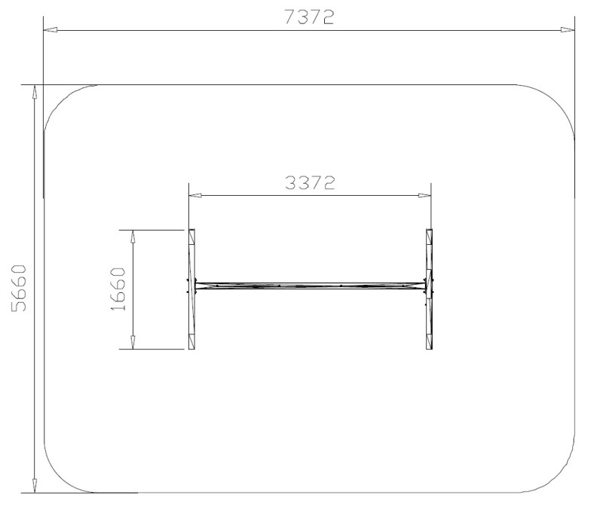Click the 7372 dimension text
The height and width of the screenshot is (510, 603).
click(x=309, y=17)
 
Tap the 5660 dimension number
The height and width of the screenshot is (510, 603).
click(x=18, y=288)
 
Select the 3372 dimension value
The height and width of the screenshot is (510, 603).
click(x=310, y=183)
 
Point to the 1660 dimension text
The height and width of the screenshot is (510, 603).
click(x=118, y=289)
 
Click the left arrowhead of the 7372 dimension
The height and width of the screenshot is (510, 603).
click(x=51, y=29)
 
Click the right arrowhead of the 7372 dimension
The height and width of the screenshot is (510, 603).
click(x=568, y=29)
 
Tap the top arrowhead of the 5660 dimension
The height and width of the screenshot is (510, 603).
click(x=35, y=92)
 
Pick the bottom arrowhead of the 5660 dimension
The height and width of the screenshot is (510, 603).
click(x=35, y=485)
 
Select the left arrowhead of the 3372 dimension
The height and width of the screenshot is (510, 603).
click(x=196, y=195)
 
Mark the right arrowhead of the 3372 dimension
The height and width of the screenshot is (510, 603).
click(x=424, y=195)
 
